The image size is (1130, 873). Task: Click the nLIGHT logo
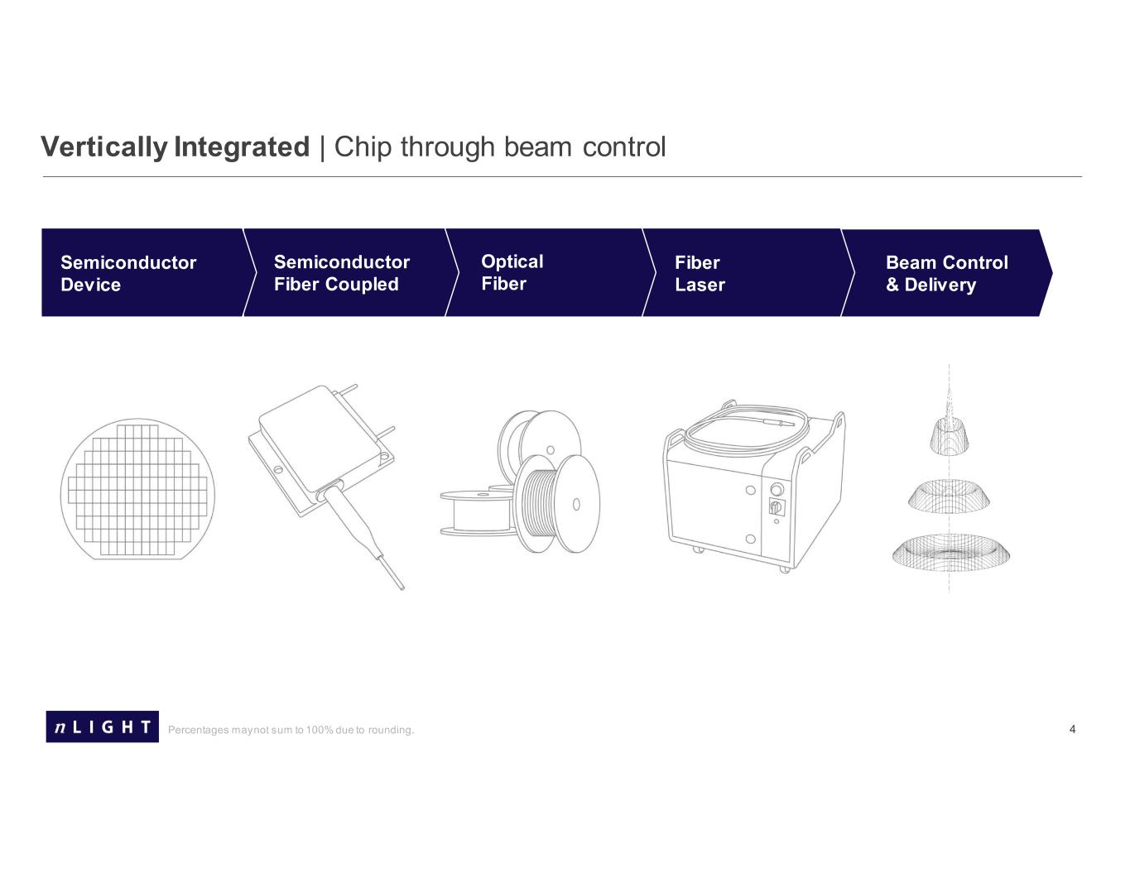102,726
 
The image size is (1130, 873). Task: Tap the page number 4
1072,729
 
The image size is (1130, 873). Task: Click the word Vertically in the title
104,147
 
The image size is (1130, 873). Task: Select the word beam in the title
538,147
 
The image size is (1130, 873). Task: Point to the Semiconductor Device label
128,273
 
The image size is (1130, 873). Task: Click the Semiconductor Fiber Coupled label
342,273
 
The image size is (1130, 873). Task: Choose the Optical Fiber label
512,272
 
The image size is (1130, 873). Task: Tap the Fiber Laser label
700,273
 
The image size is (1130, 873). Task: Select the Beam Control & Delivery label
946,273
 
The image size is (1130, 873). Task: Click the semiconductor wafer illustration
137,489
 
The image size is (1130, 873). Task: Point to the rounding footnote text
291,730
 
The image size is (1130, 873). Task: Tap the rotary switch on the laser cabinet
777,506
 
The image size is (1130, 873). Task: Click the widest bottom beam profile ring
950,553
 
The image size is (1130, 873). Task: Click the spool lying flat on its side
478,513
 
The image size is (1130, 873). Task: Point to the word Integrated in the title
242,147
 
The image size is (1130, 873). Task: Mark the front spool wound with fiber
556,504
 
